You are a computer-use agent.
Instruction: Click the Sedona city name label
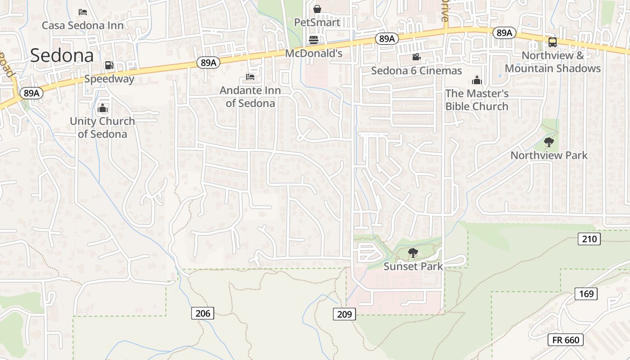point(62,55)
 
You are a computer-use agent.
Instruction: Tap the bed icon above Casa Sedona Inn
point(83,12)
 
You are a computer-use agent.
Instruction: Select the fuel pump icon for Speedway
point(109,66)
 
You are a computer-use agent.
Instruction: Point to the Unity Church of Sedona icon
point(103,108)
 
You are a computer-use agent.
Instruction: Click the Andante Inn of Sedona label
point(250,97)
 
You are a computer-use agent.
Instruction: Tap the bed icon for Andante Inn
point(250,77)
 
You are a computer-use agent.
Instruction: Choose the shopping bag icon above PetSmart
point(317,9)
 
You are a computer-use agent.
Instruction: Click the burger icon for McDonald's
point(314,40)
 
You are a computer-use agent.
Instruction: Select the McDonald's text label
point(314,54)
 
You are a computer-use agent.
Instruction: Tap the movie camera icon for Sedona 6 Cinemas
point(416,57)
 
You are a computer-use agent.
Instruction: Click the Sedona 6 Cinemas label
point(416,71)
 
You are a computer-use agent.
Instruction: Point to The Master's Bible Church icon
point(477,81)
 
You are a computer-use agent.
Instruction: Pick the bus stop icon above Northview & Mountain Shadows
point(553,42)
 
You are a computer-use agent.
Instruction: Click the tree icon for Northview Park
point(549,142)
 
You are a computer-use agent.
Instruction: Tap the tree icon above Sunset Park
point(413,253)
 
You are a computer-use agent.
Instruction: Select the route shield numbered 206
point(203,313)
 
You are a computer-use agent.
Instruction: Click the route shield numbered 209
point(344,314)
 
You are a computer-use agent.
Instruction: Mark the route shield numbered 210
point(589,239)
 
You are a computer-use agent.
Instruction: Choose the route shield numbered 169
point(586,294)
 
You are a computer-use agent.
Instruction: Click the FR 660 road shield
point(566,340)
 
